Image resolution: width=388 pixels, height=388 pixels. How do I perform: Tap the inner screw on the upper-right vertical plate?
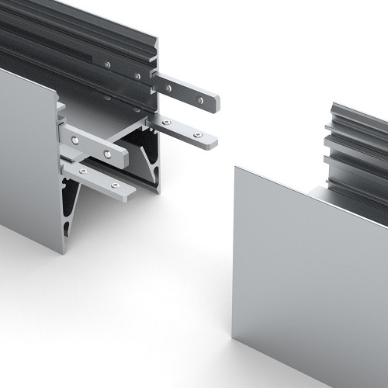point(167,88)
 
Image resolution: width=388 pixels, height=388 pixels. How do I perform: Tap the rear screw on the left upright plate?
point(74,139)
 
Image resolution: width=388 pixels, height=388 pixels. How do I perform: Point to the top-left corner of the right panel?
point(234,165)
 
